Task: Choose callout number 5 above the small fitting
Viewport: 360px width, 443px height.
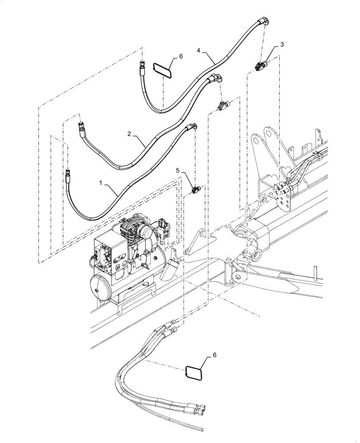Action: [x=178, y=170]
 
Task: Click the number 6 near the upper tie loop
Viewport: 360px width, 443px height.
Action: [x=180, y=57]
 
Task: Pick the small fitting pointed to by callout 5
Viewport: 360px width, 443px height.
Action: [x=196, y=190]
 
